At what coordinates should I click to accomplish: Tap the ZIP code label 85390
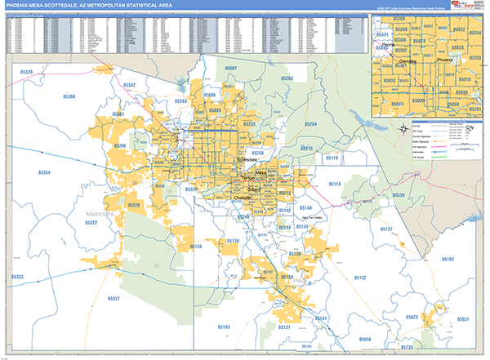pyautogui.click(x=69, y=97)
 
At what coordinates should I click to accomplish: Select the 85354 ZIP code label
pyautogui.click(x=43, y=172)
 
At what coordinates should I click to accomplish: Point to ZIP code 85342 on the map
pyautogui.click(x=129, y=85)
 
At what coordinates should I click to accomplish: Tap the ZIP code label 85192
pyautogui.click(x=448, y=259)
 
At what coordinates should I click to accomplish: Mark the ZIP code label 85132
pyautogui.click(x=359, y=278)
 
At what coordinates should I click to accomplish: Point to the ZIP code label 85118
pyautogui.click(x=357, y=184)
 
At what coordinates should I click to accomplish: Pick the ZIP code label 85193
pyautogui.click(x=223, y=327)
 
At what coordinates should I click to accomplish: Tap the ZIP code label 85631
pyautogui.click(x=463, y=319)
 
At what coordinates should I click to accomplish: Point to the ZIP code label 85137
pyautogui.click(x=386, y=229)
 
